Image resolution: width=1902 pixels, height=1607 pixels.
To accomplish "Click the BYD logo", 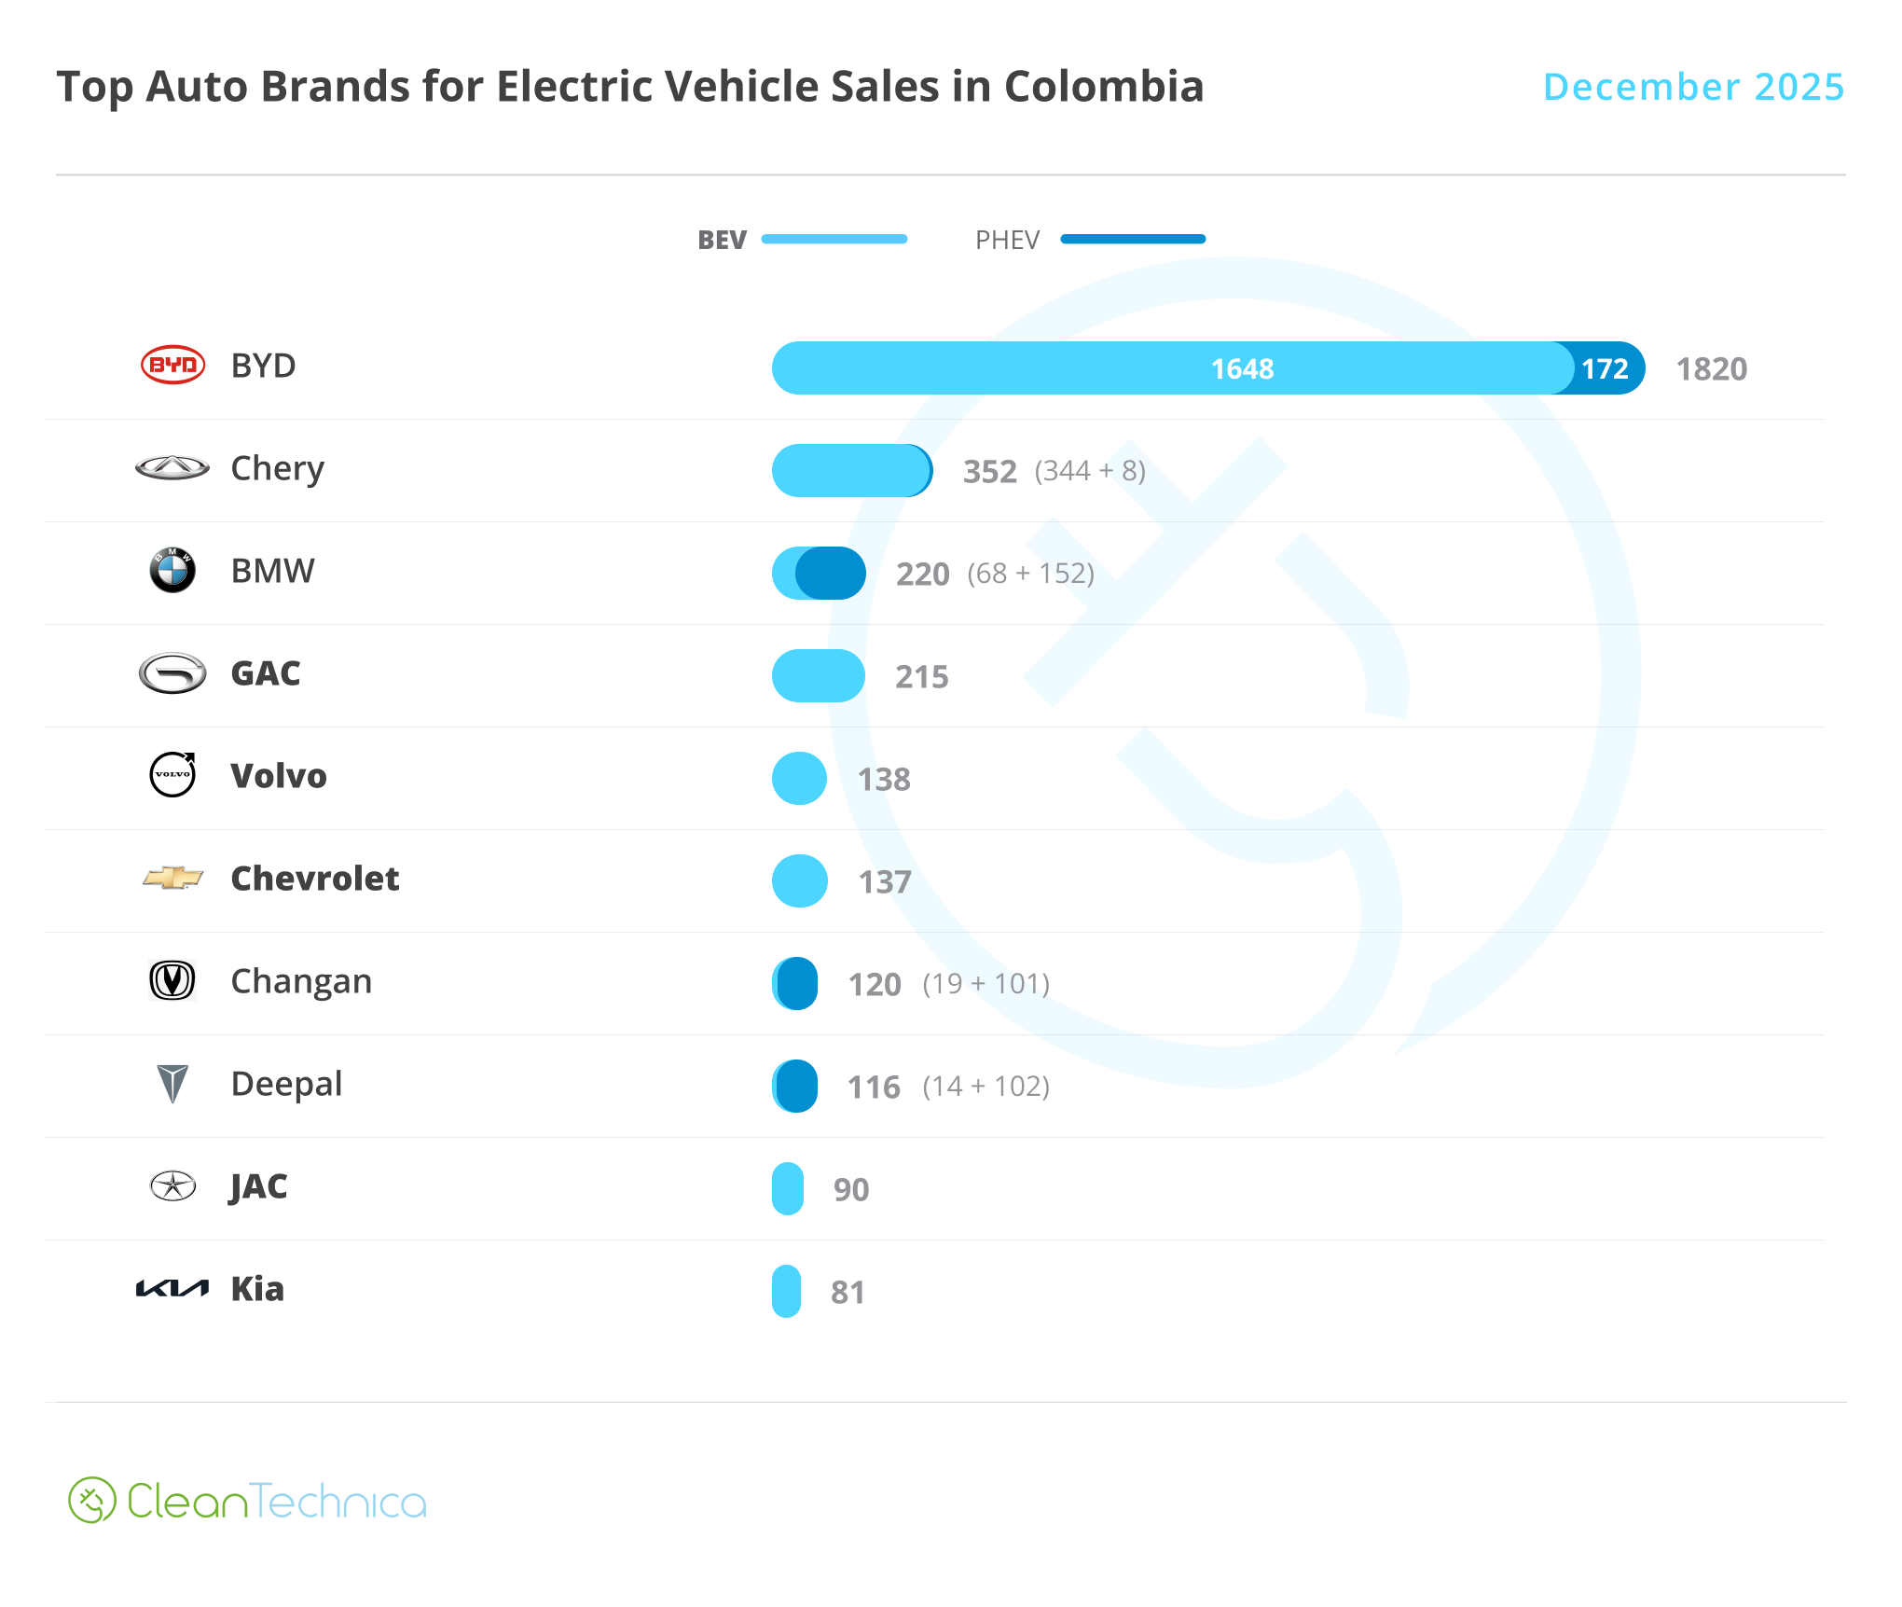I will [x=172, y=365].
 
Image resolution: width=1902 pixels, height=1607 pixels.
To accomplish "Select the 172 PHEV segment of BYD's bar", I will [x=1606, y=368].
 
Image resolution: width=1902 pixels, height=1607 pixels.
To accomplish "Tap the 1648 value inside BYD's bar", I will [x=1242, y=368].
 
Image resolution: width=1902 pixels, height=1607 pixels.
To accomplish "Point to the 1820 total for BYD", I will [x=1711, y=369].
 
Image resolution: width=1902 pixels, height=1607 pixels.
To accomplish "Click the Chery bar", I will [x=850, y=470].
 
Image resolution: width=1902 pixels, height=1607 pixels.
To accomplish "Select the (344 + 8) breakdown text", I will [x=1089, y=471].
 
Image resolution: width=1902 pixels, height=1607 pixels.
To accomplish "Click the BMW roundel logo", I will [x=172, y=570].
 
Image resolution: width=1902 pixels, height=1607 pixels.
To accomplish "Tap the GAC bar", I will [x=818, y=675].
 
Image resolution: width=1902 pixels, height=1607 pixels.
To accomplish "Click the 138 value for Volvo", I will [x=883, y=779].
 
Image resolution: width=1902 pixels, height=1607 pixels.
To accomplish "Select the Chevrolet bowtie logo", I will [x=172, y=878].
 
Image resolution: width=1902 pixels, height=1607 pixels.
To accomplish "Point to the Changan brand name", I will [x=301, y=981].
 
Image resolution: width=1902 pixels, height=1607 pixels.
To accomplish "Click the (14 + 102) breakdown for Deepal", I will [x=985, y=1087].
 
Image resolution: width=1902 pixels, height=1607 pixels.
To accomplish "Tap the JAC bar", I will [x=787, y=1188].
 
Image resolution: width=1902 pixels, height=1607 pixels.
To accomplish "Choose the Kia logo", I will [x=172, y=1289].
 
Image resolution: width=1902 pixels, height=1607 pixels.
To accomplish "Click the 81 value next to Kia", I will [x=848, y=1292].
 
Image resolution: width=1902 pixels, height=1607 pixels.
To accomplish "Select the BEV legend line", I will [x=834, y=240].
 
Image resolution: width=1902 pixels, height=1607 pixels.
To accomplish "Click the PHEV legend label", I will [x=1006, y=240].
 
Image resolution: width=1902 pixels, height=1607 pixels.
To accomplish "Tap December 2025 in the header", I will [x=1693, y=87].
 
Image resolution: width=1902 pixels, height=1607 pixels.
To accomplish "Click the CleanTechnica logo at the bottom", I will [x=247, y=1501].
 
